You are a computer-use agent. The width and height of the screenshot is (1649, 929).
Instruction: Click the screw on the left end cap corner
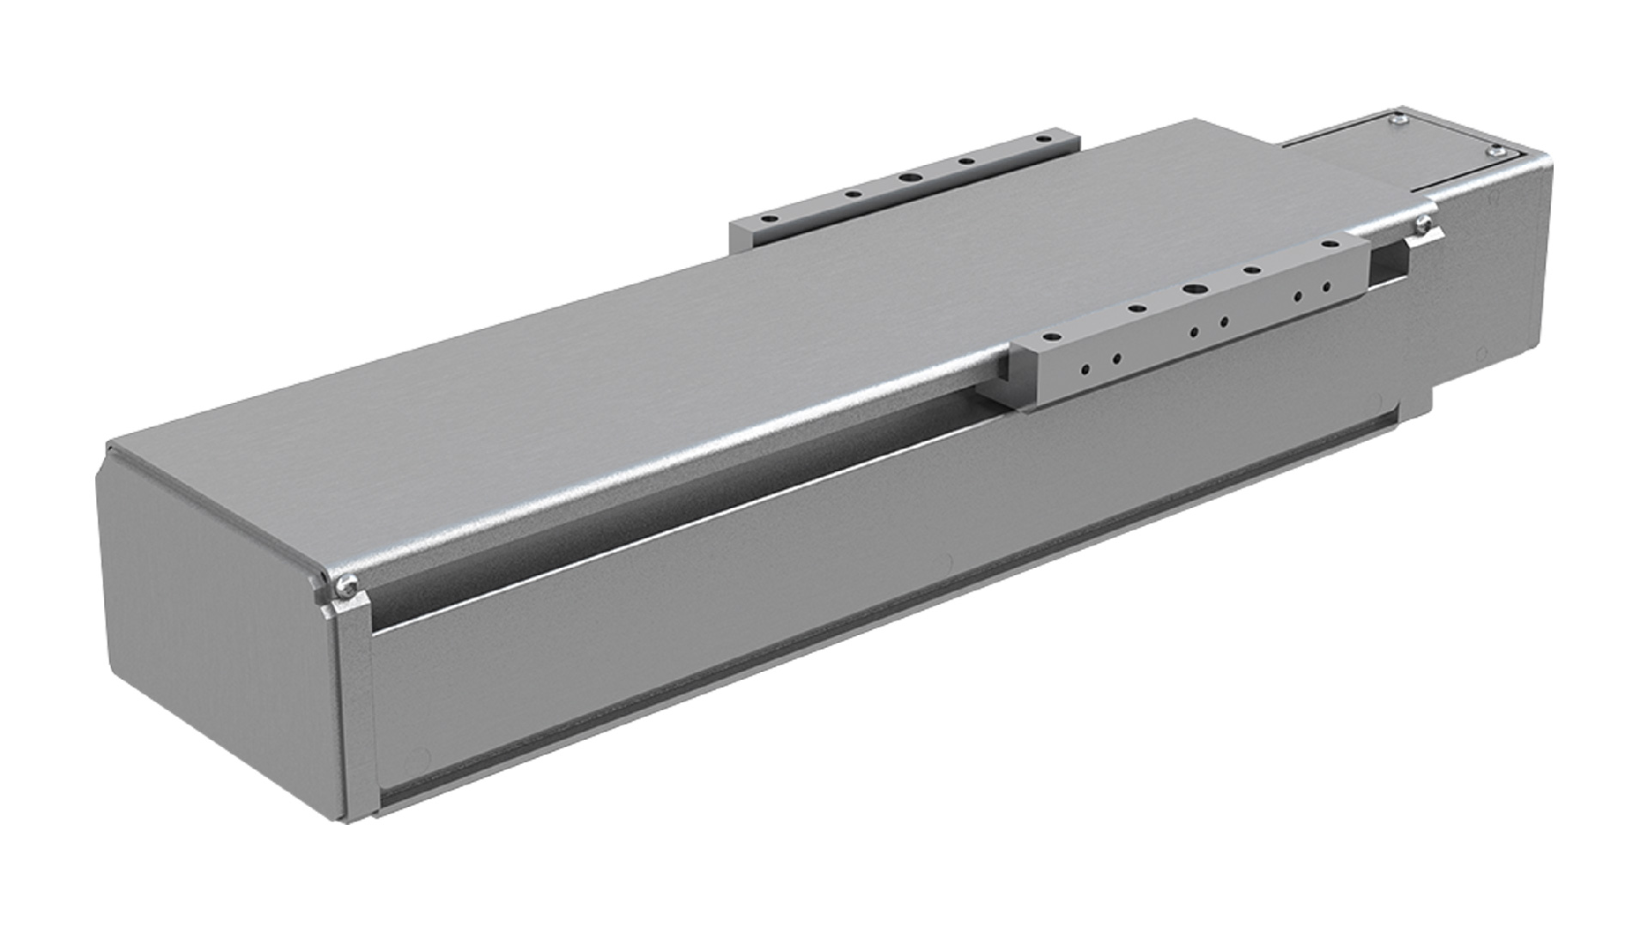(345, 585)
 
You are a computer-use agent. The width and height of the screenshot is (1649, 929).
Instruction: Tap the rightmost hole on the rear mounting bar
(1043, 138)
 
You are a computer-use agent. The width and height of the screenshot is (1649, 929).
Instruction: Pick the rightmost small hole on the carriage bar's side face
(1327, 286)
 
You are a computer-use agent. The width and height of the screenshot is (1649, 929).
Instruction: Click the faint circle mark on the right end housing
(1479, 353)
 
